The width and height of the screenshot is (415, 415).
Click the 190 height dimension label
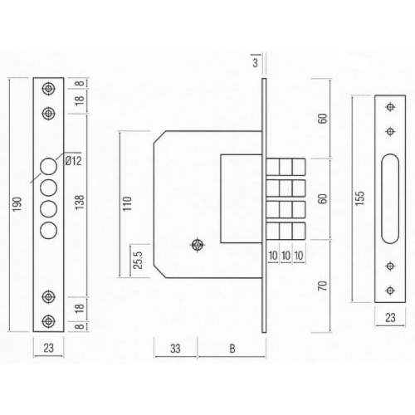pyautogui.click(x=17, y=204)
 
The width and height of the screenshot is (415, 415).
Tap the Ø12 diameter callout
pyautogui.click(x=74, y=161)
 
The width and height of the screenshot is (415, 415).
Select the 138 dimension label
pyautogui.click(x=80, y=203)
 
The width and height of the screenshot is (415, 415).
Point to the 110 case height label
pyautogui.click(x=128, y=204)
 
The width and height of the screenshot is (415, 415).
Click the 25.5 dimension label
pyautogui.click(x=138, y=260)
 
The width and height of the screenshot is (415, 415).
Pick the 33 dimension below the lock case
pyautogui.click(x=175, y=349)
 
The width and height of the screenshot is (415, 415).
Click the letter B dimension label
pyautogui.click(x=232, y=349)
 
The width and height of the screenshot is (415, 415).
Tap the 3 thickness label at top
pyautogui.click(x=255, y=63)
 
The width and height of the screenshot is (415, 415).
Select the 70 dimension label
pyautogui.click(x=323, y=286)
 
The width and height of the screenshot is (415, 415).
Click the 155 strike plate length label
pyautogui.click(x=360, y=198)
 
